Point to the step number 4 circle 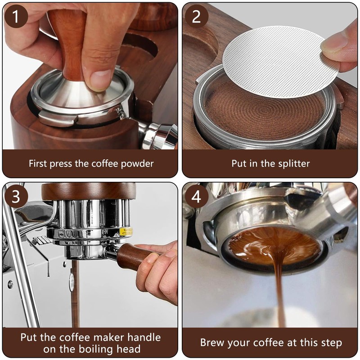tap(196, 197)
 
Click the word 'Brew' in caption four tap(213, 343)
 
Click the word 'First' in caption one tap(39, 163)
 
